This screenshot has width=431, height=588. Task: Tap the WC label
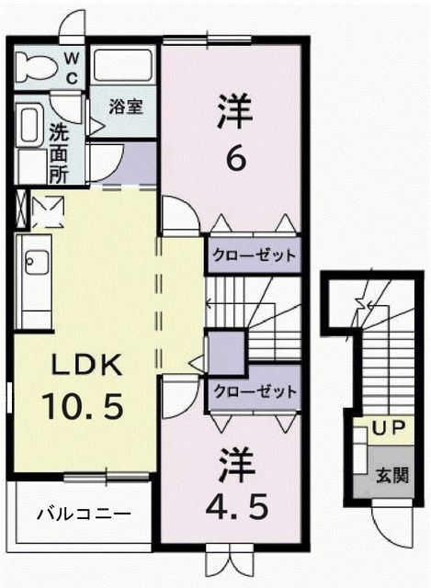[72, 65]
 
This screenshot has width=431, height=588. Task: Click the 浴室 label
[125, 106]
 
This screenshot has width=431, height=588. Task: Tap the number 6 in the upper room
[235, 159]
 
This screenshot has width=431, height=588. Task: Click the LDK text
[85, 366]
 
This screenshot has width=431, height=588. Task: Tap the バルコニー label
[84, 514]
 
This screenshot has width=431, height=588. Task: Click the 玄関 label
[391, 476]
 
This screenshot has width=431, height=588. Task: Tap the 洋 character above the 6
[233, 115]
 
